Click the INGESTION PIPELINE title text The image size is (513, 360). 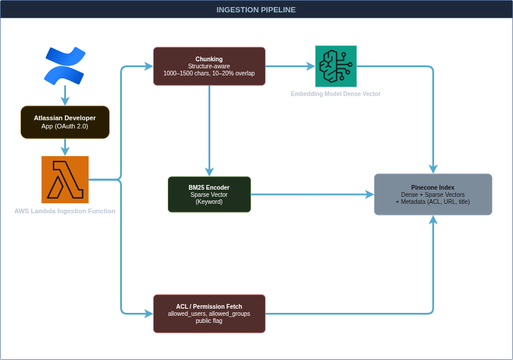[x=256, y=9]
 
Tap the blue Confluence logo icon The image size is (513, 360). [x=65, y=66]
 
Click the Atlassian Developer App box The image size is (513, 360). [x=65, y=122]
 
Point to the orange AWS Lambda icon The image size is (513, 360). [x=65, y=180]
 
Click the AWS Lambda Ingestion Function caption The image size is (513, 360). [x=65, y=211]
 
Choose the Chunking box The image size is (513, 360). [x=209, y=66]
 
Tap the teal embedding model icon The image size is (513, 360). [x=336, y=66]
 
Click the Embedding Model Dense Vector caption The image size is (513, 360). [x=336, y=94]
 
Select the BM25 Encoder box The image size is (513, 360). [x=209, y=194]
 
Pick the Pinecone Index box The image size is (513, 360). [x=433, y=194]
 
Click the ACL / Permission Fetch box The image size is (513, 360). [x=209, y=313]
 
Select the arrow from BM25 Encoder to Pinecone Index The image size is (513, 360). [x=312, y=194]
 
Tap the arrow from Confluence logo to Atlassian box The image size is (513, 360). [x=65, y=95]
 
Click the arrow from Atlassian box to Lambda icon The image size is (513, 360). [x=65, y=147]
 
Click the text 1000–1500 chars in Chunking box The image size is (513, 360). [x=183, y=74]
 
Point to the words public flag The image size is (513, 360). [x=209, y=321]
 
